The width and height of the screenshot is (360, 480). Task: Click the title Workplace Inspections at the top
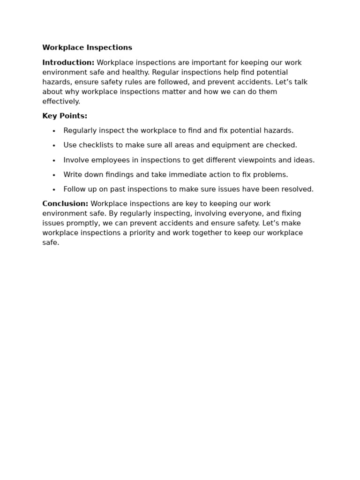coord(87,48)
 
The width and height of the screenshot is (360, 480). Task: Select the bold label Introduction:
coord(68,63)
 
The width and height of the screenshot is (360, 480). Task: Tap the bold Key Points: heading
coord(65,116)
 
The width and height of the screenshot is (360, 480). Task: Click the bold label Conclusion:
coord(65,204)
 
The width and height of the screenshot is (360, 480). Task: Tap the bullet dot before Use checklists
coord(54,146)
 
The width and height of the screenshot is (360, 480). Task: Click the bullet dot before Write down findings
coord(54,175)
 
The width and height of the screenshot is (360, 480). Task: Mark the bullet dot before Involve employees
coord(54,161)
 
